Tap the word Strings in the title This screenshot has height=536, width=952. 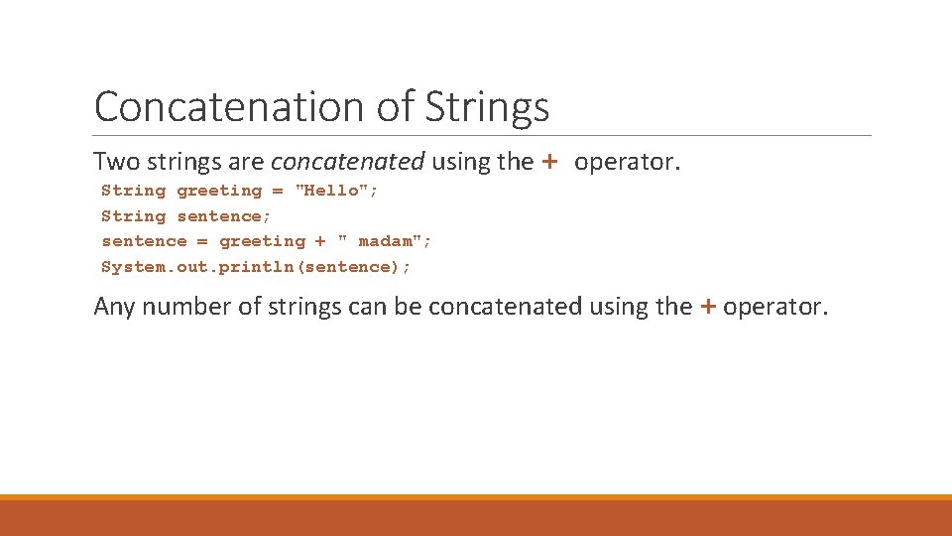click(487, 107)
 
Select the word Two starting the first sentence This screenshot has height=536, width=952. click(114, 162)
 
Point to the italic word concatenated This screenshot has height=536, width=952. click(347, 162)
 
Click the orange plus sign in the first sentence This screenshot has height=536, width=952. click(550, 162)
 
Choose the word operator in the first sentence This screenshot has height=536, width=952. click(627, 162)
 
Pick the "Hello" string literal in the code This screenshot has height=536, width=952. click(336, 191)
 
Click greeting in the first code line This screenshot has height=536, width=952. click(219, 191)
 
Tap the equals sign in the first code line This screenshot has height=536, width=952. click(278, 191)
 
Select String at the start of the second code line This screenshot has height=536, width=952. click(134, 216)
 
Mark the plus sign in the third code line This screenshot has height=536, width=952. click(320, 241)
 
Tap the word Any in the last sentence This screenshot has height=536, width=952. click(114, 307)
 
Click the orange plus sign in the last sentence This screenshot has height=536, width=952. click(707, 307)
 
